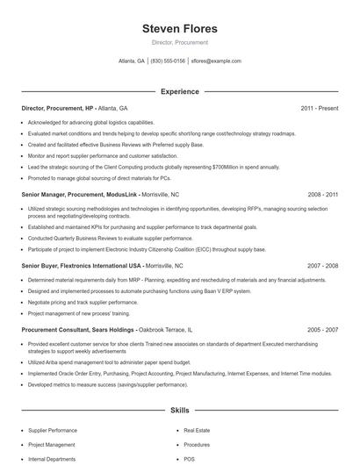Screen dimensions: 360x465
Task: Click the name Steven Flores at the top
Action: click(179, 29)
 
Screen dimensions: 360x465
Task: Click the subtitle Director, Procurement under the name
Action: click(179, 42)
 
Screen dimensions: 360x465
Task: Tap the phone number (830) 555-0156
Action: click(168, 61)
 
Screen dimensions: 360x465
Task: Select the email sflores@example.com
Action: click(216, 61)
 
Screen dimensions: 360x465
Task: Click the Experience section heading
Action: click(179, 91)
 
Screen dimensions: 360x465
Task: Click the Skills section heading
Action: click(179, 410)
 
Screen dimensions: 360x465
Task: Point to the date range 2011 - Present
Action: click(319, 108)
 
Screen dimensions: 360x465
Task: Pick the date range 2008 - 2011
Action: click(322, 194)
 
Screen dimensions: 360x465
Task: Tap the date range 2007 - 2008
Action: click(322, 265)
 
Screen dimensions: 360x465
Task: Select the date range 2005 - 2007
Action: click(322, 330)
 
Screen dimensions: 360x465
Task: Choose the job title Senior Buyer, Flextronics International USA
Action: click(81, 265)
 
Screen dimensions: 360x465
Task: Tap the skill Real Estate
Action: click(198, 431)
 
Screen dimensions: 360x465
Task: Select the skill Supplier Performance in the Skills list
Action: click(53, 431)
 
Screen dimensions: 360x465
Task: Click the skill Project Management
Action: click(52, 445)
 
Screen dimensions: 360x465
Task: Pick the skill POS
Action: click(190, 459)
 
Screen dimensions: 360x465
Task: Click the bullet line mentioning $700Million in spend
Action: click(154, 166)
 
